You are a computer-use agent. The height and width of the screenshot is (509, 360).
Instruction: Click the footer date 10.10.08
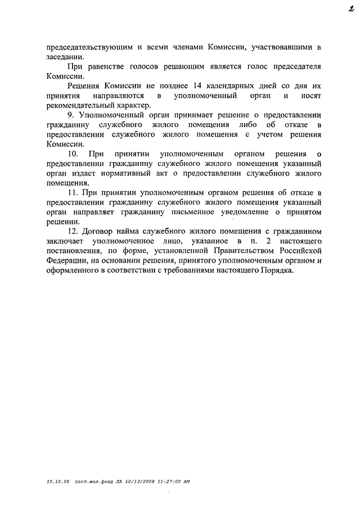pyautogui.click(x=57, y=481)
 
